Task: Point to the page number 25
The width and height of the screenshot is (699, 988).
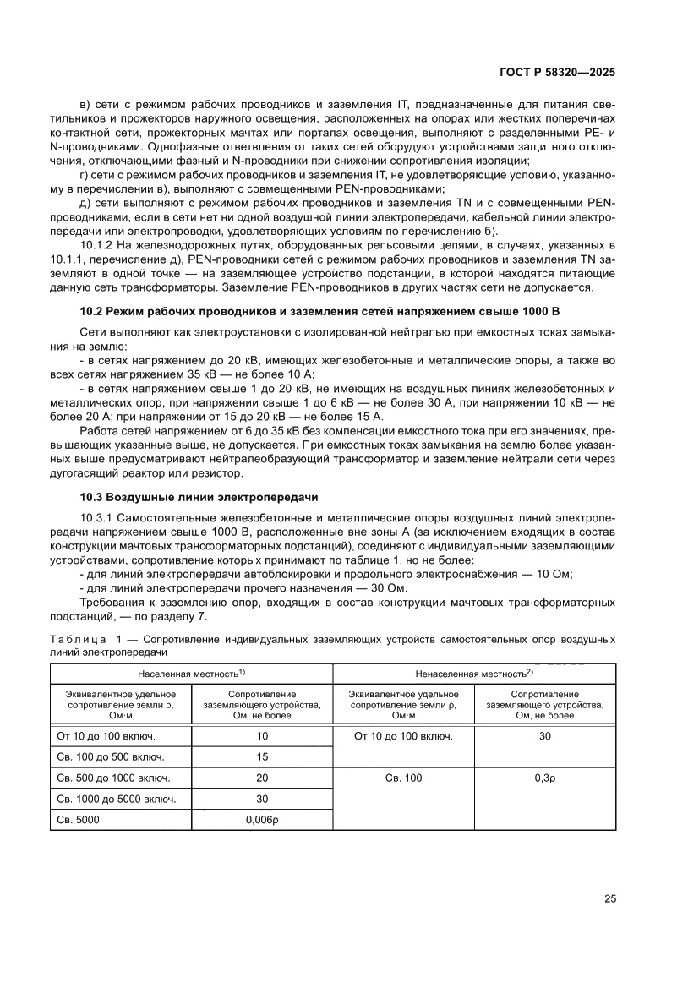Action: click(609, 899)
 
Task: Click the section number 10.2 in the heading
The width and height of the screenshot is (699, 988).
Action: click(91, 312)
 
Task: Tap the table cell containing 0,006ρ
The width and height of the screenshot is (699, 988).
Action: click(262, 819)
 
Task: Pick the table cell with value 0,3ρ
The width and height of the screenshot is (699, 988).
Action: click(544, 778)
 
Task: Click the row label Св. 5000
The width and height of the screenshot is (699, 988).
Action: click(78, 819)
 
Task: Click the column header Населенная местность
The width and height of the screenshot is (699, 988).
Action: click(191, 673)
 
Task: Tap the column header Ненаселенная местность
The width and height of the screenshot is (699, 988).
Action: click(473, 673)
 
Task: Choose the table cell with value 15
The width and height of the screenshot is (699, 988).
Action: click(262, 756)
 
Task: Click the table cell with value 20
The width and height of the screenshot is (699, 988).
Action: click(262, 778)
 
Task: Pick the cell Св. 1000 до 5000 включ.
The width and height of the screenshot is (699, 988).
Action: click(117, 799)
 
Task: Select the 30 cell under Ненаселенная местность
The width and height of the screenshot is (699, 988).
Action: click(544, 735)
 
